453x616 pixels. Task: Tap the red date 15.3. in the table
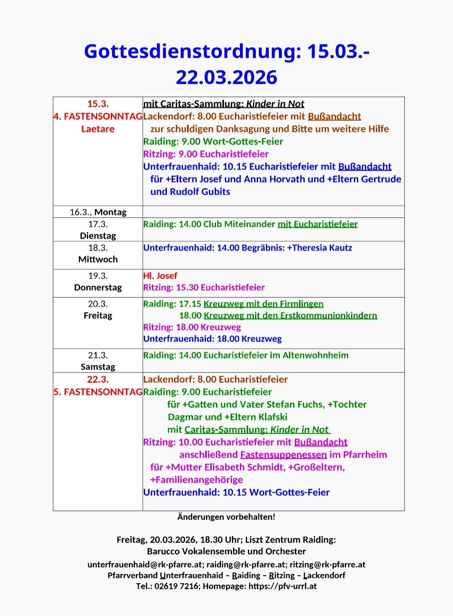coord(98,104)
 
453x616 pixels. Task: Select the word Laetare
coord(98,129)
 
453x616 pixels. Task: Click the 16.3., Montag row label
coord(98,212)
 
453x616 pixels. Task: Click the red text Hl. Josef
coord(160,276)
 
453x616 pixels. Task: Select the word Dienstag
coord(98,236)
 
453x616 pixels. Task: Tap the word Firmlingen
coord(299,304)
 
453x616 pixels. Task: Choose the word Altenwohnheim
coord(315,356)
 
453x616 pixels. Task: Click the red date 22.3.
coord(98,379)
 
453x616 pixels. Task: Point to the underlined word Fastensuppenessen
coord(283,455)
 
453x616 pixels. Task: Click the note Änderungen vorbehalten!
coord(226,517)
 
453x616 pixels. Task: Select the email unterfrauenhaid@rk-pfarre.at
coord(145,565)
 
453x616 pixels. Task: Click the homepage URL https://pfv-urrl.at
coord(282,586)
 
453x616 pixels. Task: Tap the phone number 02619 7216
coord(177,586)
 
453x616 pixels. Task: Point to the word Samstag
coord(98,367)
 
